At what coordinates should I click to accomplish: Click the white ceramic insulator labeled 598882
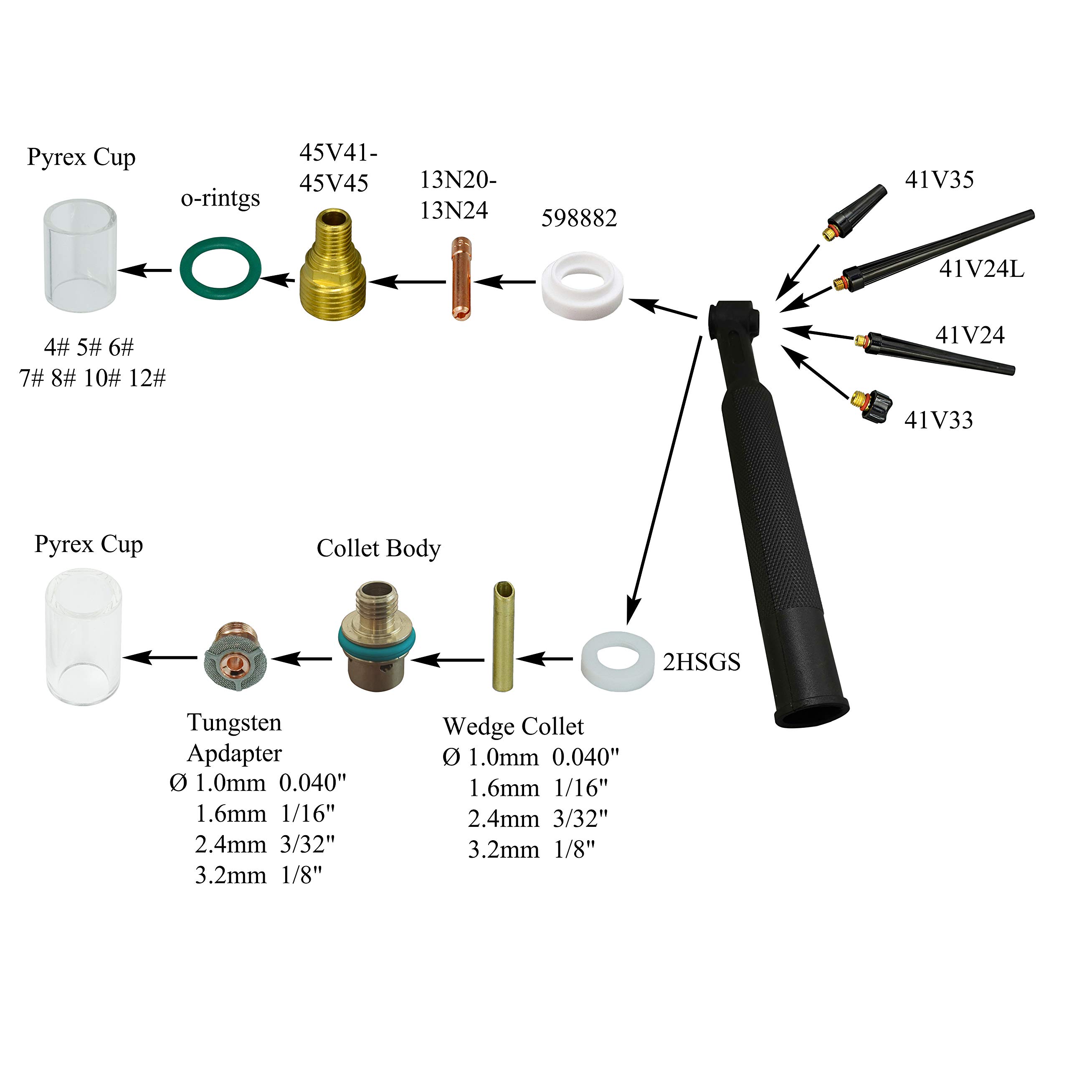582,288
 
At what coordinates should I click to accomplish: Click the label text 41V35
939,180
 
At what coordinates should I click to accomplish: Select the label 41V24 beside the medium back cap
969,335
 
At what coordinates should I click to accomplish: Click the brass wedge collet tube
502,636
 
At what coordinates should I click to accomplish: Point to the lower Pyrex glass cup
83,636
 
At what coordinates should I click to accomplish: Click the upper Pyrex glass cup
80,257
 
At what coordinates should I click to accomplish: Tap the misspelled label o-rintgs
220,198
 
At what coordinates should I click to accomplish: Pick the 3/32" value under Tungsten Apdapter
307,844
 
